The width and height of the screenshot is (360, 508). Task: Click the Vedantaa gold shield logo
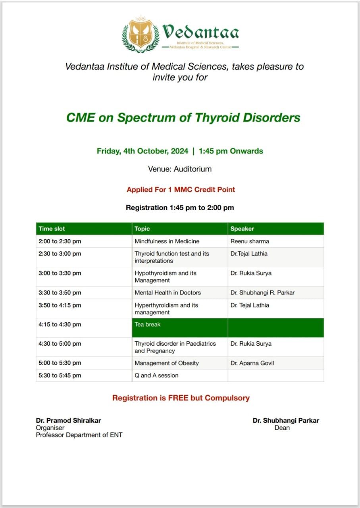click(140, 35)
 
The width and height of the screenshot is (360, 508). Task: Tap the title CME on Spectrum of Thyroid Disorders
click(183, 117)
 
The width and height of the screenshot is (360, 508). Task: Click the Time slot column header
click(52, 229)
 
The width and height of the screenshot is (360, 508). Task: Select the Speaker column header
click(242, 229)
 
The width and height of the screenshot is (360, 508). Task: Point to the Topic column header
click(142, 229)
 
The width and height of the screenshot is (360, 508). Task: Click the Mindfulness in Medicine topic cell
click(167, 241)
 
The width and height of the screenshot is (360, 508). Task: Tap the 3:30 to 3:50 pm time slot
click(60, 293)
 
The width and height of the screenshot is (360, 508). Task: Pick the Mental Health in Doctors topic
click(167, 293)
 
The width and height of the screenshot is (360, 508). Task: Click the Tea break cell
click(148, 325)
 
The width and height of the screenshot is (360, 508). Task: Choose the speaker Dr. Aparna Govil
click(252, 363)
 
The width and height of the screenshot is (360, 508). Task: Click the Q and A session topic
click(156, 375)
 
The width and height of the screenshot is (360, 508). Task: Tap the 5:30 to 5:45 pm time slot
click(60, 375)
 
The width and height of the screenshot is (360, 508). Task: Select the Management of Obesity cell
click(167, 363)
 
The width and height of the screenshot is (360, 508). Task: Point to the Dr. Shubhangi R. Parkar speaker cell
click(262, 293)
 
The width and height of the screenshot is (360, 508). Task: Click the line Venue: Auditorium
click(180, 169)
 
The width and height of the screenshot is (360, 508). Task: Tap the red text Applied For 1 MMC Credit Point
click(181, 190)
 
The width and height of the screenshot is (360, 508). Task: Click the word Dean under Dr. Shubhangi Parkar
click(282, 428)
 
